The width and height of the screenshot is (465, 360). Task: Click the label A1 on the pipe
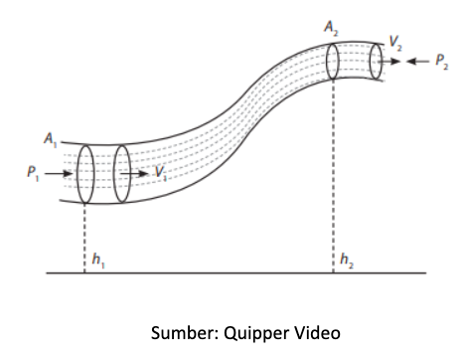(51, 139)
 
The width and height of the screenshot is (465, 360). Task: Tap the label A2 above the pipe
(331, 27)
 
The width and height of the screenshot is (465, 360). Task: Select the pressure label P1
(33, 173)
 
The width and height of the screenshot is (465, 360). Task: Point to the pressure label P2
(442, 62)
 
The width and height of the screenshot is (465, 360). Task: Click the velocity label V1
(161, 173)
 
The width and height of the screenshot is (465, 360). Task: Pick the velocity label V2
(395, 43)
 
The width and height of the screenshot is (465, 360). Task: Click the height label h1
(98, 261)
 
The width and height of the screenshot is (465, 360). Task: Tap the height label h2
(347, 261)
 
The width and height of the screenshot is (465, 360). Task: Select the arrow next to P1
(59, 173)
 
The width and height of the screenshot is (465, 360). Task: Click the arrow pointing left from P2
(417, 62)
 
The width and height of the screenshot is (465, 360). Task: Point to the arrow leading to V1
(134, 173)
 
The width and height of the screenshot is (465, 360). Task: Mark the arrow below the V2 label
(389, 62)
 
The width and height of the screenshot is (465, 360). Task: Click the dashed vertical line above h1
(84, 238)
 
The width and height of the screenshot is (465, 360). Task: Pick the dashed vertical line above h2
(333, 176)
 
